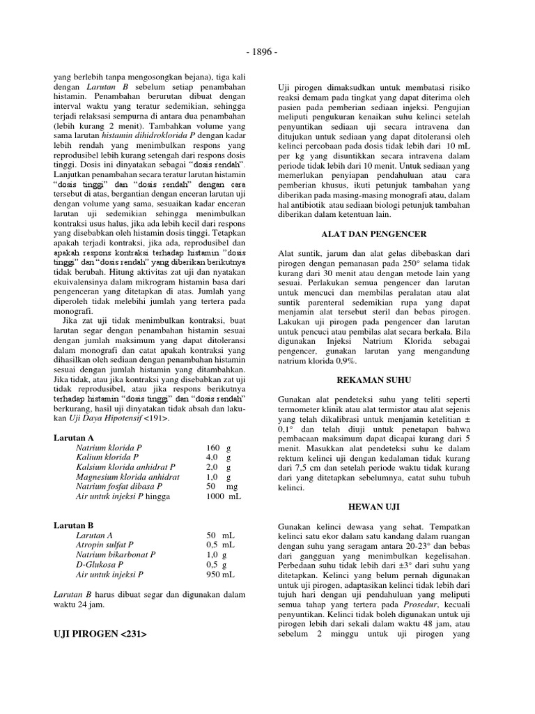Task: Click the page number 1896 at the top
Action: point(267,52)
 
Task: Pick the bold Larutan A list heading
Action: point(74,437)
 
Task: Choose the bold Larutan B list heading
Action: point(74,525)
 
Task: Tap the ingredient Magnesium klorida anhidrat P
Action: point(127,476)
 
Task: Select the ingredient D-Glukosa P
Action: point(100,564)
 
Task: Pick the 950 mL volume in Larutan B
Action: point(219,574)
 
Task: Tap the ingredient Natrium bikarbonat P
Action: point(116,554)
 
